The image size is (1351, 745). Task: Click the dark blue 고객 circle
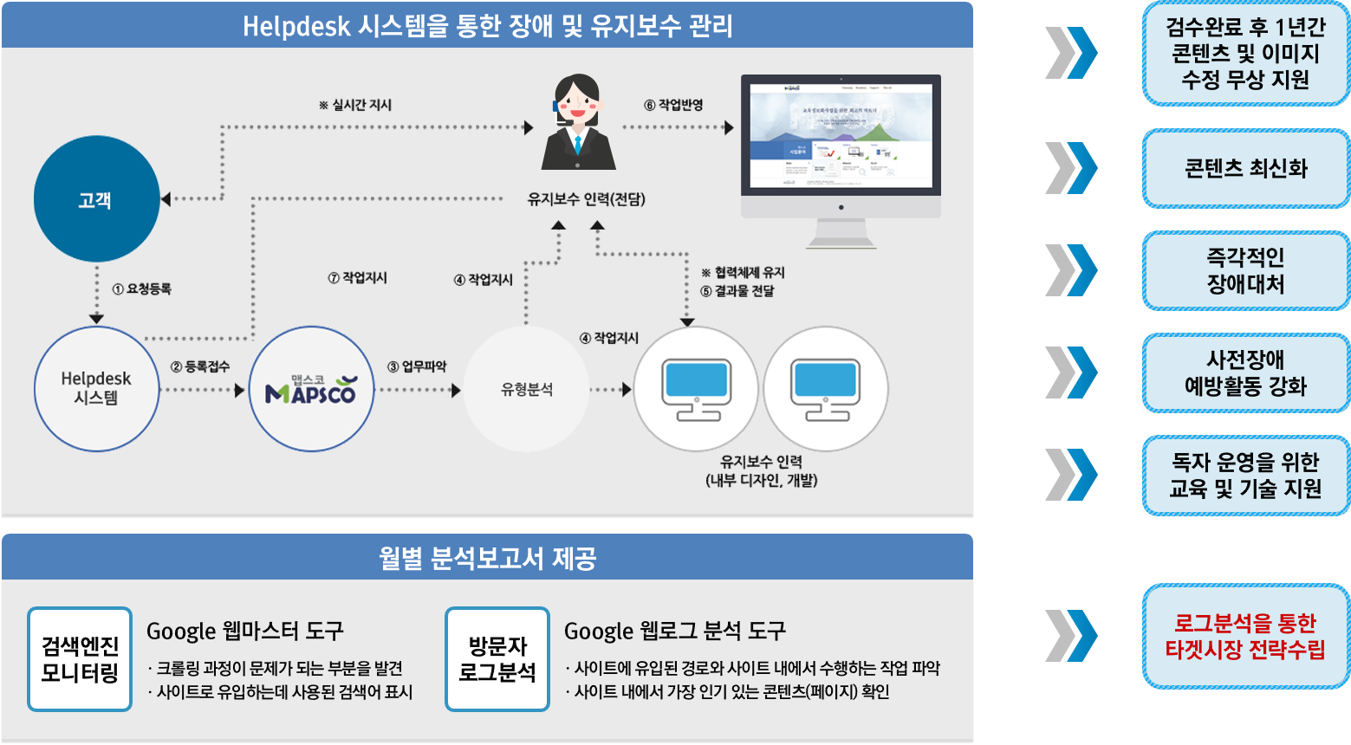pyautogui.click(x=96, y=199)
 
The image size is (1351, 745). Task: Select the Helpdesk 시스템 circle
pyautogui.click(x=96, y=388)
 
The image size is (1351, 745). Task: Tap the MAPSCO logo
pyautogui.click(x=310, y=389)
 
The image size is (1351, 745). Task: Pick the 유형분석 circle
pyautogui.click(x=526, y=389)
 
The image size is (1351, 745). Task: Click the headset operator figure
pyautogui.click(x=578, y=123)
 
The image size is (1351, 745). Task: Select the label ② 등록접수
pyautogui.click(x=200, y=366)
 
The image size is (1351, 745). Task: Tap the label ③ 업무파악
pyautogui.click(x=417, y=366)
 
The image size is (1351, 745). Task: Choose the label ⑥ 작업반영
pyautogui.click(x=673, y=105)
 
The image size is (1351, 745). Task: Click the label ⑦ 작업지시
pyautogui.click(x=357, y=278)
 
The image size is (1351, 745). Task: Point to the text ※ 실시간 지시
pyautogui.click(x=355, y=105)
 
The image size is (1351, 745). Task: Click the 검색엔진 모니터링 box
pyautogui.click(x=80, y=659)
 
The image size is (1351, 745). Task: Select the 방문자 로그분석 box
pyautogui.click(x=497, y=659)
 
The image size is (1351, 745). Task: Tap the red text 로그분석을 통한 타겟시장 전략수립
pyautogui.click(x=1245, y=637)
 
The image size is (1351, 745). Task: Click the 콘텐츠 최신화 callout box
pyautogui.click(x=1245, y=168)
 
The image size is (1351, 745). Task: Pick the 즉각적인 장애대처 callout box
pyautogui.click(x=1245, y=270)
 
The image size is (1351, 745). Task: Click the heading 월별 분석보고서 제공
pyautogui.click(x=487, y=558)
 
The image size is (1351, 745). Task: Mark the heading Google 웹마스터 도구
pyautogui.click(x=245, y=631)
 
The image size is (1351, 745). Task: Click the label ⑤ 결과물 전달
pyautogui.click(x=737, y=291)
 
